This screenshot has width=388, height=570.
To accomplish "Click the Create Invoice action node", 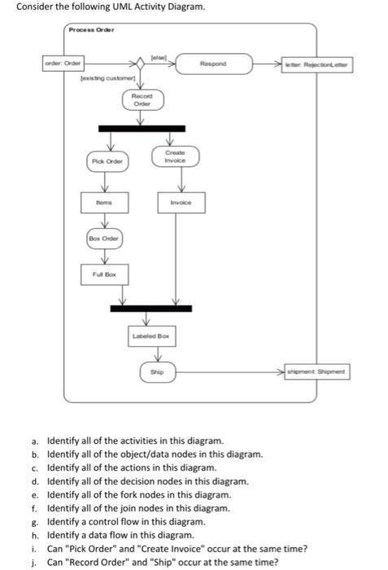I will pyautogui.click(x=174, y=156).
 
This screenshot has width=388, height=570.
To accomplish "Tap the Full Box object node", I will pyautogui.click(x=99, y=276).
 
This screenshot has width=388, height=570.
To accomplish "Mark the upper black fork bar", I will pyautogui.click(x=139, y=129).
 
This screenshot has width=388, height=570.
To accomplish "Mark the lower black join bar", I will pyautogui.click(x=151, y=309).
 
